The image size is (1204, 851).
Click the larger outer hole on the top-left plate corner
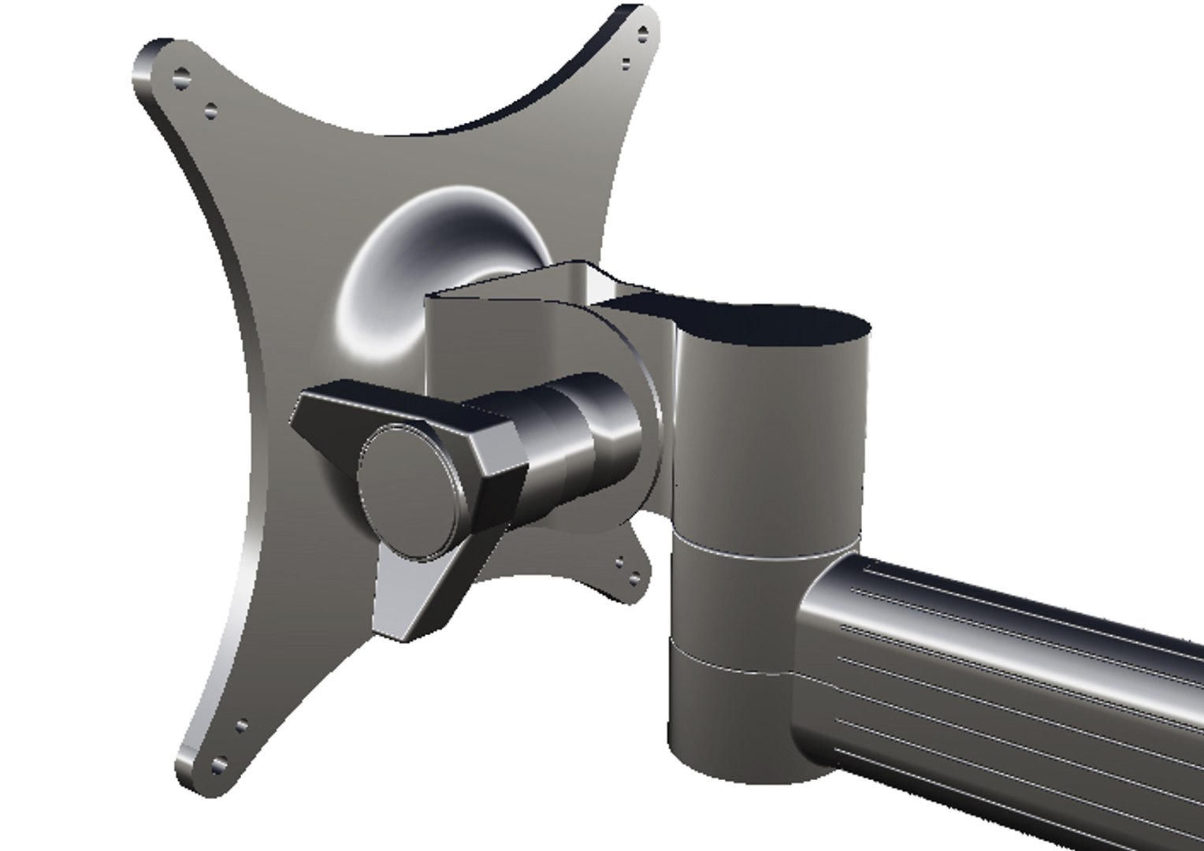(x=183, y=78)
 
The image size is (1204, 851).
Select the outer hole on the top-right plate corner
(x=642, y=35)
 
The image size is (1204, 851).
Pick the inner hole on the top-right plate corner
(x=626, y=63)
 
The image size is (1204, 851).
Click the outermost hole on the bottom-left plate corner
(x=217, y=764)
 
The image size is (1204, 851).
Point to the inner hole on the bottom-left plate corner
(x=242, y=726)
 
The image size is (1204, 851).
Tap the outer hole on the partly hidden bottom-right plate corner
(x=634, y=582)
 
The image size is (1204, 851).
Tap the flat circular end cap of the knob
(x=409, y=490)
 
